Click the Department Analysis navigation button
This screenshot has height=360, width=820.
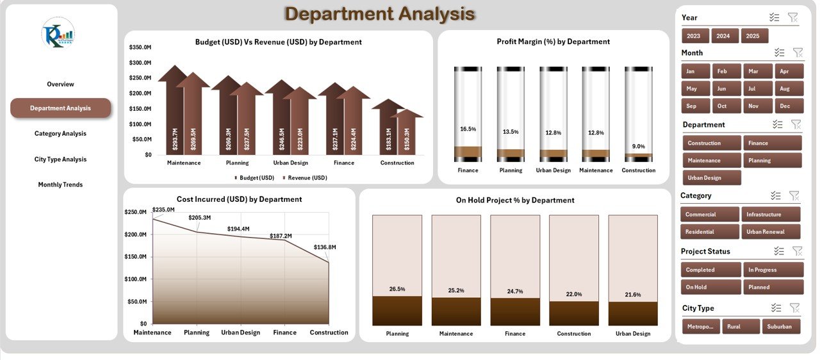(x=60, y=108)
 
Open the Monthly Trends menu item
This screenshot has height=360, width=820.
(x=60, y=184)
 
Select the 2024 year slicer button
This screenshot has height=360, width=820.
(x=723, y=36)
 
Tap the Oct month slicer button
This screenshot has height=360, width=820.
(x=722, y=106)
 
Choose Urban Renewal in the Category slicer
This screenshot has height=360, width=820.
(x=771, y=232)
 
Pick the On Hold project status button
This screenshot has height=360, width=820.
(x=710, y=287)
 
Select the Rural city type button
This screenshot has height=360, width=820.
(x=741, y=327)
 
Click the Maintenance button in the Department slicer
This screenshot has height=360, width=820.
(x=710, y=160)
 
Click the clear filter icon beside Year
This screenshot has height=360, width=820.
(x=793, y=18)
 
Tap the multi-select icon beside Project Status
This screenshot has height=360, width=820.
(x=777, y=251)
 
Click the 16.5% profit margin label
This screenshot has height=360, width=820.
(x=468, y=129)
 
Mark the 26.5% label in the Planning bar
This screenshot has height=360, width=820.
(x=397, y=289)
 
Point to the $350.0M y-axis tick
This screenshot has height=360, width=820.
(x=140, y=47)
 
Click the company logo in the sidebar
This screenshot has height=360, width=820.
(x=58, y=33)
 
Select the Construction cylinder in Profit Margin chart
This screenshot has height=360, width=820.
(x=639, y=113)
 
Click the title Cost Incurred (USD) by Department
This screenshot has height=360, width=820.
(x=239, y=199)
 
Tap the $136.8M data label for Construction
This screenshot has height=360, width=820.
(x=325, y=247)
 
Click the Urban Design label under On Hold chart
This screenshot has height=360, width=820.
(x=633, y=333)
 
